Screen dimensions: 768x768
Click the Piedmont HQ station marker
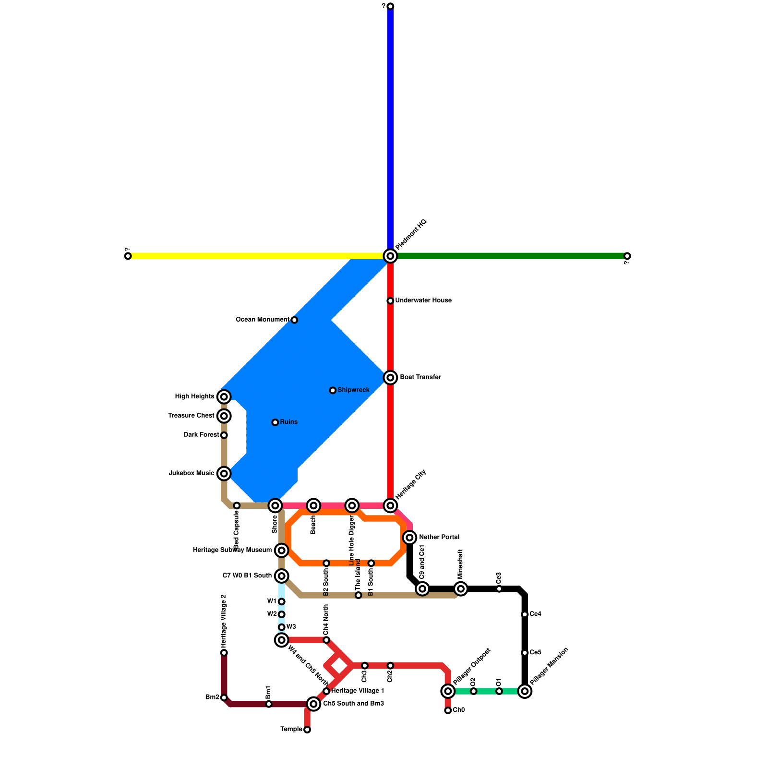coord(390,256)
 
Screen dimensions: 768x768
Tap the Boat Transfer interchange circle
coord(390,378)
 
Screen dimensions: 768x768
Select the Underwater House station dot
coord(390,301)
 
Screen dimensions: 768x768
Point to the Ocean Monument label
coord(263,320)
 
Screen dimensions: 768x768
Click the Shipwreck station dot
coord(333,390)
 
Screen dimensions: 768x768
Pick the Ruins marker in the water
coord(275,422)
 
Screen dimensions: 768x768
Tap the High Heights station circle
coord(224,396)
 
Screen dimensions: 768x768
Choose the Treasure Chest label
coord(191,416)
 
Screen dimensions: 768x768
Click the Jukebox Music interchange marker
coord(224,473)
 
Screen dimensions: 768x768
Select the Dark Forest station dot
coord(224,435)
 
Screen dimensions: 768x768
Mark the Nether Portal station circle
coord(409,537)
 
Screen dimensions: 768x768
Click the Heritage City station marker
coord(390,505)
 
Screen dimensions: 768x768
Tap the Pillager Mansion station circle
coord(525,691)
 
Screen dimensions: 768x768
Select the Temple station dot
coord(307,730)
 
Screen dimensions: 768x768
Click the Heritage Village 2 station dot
coord(224,653)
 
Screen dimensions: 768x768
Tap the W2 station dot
coord(282,614)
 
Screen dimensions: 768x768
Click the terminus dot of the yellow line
coord(128,256)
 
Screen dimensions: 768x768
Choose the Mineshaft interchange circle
coord(461,588)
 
